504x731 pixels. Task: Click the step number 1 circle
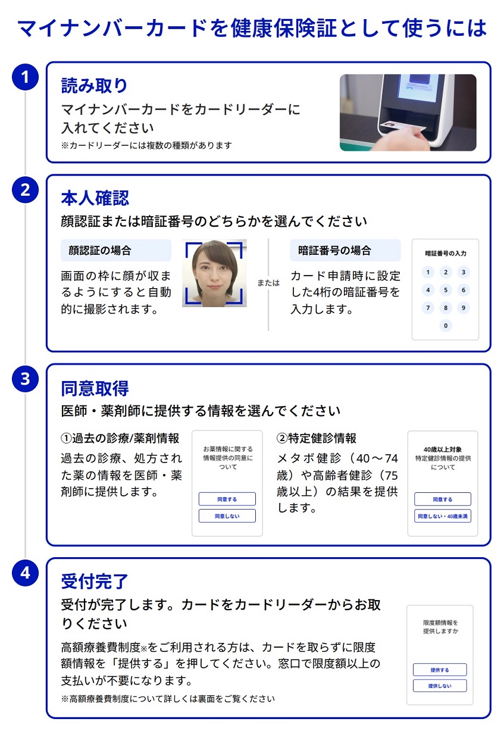tap(25, 77)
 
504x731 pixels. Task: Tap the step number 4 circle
tap(25, 573)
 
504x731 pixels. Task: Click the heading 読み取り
tap(94, 86)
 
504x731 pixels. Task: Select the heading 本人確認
tap(95, 198)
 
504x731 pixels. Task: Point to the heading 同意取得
tap(95, 388)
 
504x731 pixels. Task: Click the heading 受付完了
tap(95, 581)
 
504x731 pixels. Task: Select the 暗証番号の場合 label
tap(345, 250)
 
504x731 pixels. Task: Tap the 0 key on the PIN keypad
tap(446, 326)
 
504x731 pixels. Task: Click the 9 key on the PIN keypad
tap(463, 307)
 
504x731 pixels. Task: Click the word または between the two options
tap(268, 283)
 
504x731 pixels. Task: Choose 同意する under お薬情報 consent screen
tap(227, 499)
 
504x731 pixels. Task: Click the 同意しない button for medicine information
tap(227, 516)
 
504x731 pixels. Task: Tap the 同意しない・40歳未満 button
tap(443, 516)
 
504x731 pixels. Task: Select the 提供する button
tap(440, 670)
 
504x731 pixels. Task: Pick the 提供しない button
tap(440, 686)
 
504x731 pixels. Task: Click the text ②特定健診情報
tap(316, 438)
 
